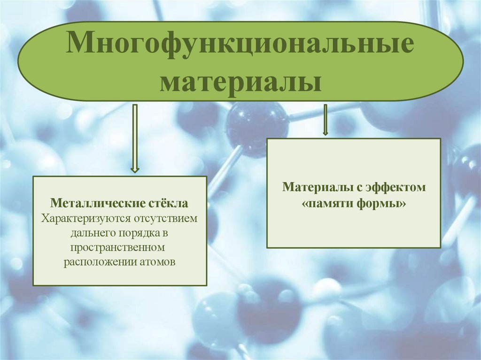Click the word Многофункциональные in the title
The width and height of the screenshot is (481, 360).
tap(240, 46)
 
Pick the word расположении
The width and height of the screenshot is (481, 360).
tap(96, 261)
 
